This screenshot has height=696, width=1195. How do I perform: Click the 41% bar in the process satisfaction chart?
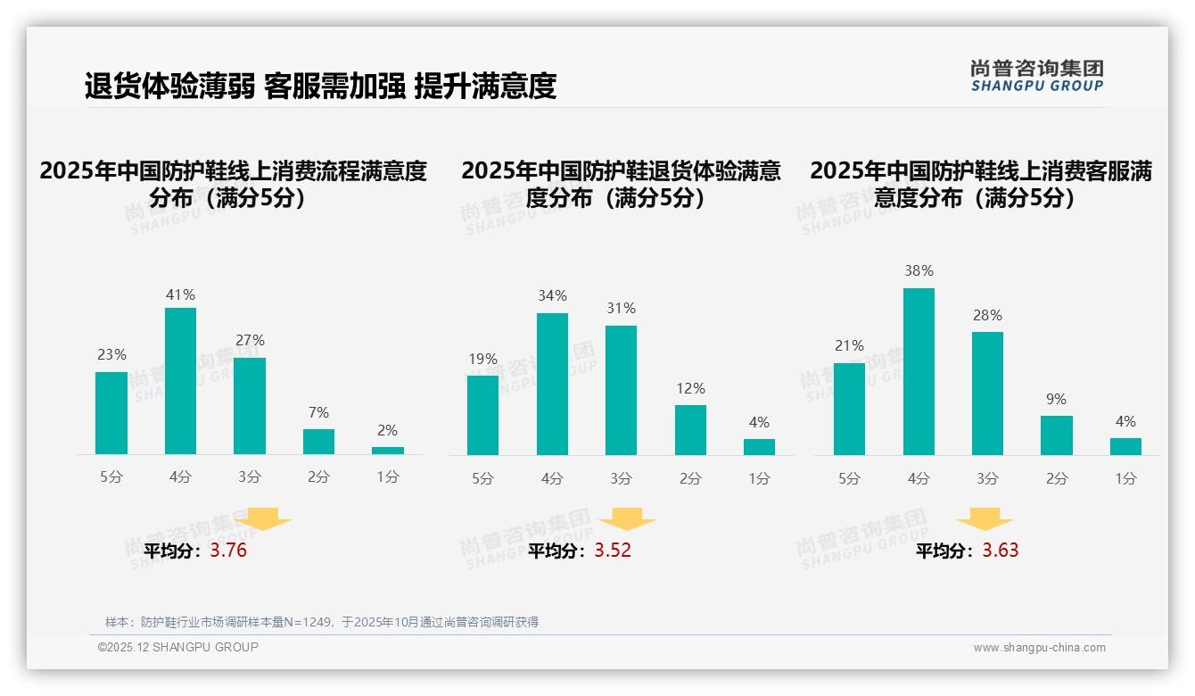(181, 381)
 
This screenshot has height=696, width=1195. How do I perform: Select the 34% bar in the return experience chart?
(552, 384)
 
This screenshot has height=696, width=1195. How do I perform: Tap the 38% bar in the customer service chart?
(919, 371)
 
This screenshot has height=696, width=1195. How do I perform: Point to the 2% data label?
(387, 430)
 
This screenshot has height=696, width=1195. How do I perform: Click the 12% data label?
(690, 388)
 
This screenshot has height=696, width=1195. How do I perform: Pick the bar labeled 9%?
(1056, 435)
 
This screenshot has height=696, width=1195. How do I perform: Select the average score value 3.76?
(228, 551)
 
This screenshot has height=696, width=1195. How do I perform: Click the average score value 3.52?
(613, 551)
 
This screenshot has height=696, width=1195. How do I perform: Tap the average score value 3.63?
(1001, 551)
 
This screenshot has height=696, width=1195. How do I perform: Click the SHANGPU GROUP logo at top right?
(1036, 76)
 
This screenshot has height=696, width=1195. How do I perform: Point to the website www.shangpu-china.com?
(1039, 648)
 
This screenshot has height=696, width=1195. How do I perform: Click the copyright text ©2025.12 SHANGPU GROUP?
(178, 647)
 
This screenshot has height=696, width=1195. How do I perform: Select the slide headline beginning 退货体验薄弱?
(320, 86)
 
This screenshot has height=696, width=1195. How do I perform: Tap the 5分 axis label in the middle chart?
(482, 478)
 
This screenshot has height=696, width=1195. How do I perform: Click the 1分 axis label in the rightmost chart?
(1125, 478)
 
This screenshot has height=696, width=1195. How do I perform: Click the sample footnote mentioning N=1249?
(322, 622)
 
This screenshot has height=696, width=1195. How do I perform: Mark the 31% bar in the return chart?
(621, 390)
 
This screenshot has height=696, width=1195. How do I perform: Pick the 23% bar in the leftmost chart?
(111, 412)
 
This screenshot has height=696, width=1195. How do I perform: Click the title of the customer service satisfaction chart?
(981, 184)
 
